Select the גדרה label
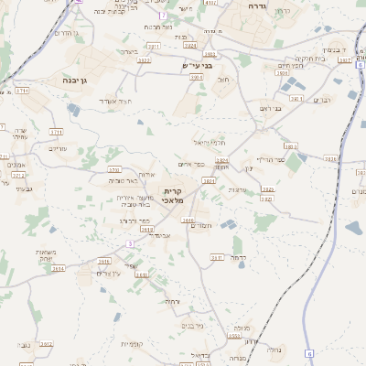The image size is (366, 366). pos(256,5)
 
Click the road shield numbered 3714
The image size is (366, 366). pos(22,91)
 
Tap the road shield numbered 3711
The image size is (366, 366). pos(57,132)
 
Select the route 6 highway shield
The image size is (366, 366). pos(309,353)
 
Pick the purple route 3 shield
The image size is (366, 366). pos(130,243)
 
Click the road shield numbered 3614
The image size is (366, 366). pos(59,269)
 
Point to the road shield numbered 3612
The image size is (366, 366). pos(46,344)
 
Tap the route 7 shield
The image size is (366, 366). pos(162,16)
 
